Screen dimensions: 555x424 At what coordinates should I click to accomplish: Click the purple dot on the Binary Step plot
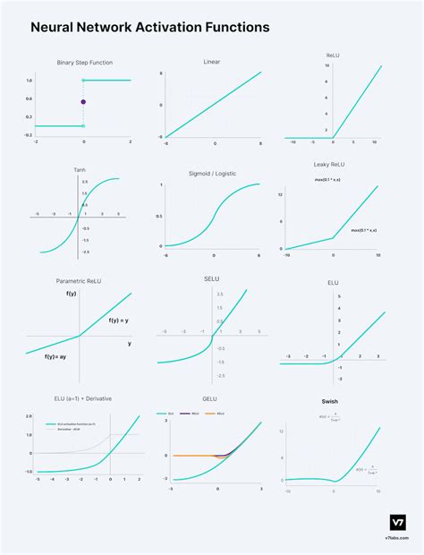83,102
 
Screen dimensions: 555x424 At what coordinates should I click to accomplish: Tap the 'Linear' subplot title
212,62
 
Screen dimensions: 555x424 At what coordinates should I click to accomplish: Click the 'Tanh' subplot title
80,169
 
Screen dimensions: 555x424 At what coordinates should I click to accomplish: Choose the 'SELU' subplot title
212,278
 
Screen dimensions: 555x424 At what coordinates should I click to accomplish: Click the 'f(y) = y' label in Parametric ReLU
119,320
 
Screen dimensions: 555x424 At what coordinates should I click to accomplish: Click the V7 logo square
398,522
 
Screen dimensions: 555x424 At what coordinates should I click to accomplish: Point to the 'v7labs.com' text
398,541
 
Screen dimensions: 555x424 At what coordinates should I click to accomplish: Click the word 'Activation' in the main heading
161,28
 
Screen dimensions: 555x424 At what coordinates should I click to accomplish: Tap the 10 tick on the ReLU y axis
326,66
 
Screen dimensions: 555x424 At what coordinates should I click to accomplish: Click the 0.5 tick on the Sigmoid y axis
159,216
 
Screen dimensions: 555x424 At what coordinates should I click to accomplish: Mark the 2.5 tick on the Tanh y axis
86,182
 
